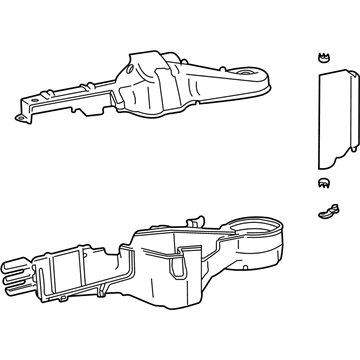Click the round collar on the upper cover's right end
(248, 76)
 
